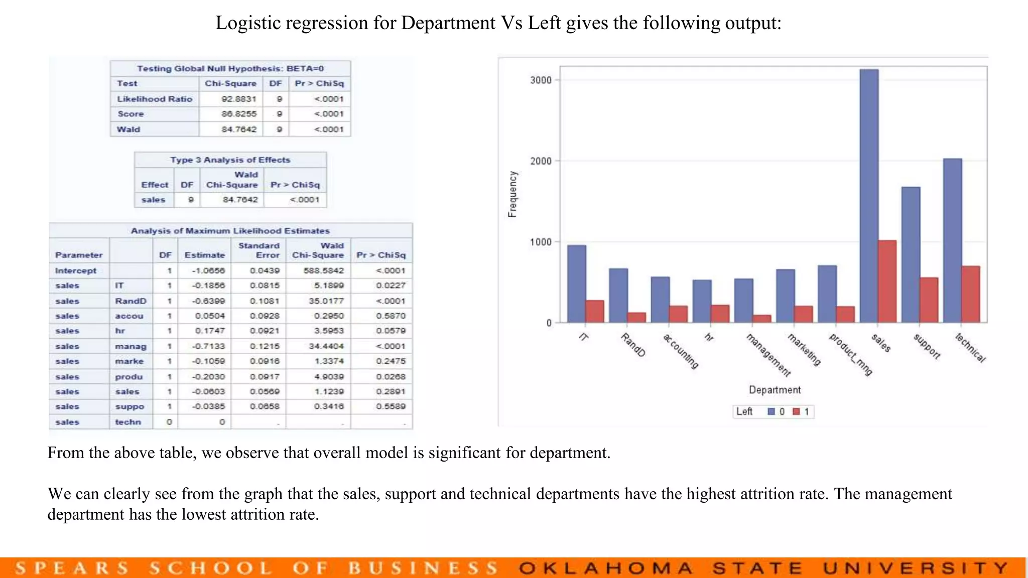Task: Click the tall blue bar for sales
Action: click(869, 196)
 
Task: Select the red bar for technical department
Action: click(971, 295)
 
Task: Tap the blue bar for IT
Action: click(577, 283)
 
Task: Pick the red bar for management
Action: click(761, 319)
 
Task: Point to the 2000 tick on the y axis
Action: click(541, 161)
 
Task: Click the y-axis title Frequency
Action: click(512, 194)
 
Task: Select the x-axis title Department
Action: click(775, 390)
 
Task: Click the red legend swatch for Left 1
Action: click(796, 412)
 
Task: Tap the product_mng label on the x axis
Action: click(851, 354)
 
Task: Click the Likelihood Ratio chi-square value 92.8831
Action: click(238, 99)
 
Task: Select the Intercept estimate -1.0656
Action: click(208, 270)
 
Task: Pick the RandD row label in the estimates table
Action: click(131, 301)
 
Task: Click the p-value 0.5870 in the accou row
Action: click(391, 316)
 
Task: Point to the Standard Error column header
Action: click(259, 250)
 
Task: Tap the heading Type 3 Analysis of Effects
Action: click(230, 160)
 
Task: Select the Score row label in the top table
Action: click(131, 114)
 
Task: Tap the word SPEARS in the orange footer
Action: click(72, 568)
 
